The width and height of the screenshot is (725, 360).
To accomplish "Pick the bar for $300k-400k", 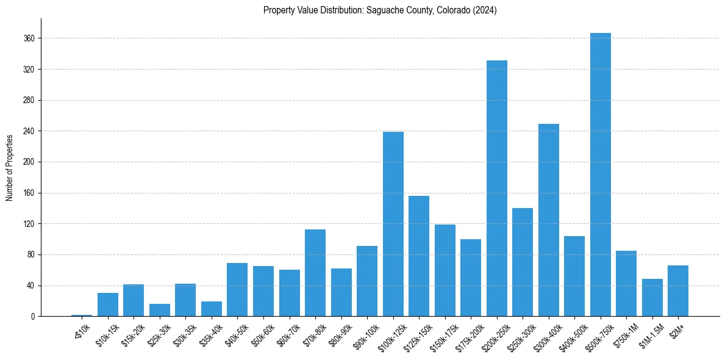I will point(548,220).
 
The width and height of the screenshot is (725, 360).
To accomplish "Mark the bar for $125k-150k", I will point(419,256).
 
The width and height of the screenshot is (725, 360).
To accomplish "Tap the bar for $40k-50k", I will point(237,289).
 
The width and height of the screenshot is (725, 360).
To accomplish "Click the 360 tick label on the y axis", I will point(29,38).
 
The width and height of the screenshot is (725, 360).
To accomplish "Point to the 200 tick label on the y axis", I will point(29,162).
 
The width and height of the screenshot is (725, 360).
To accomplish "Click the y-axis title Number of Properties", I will point(10,167).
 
